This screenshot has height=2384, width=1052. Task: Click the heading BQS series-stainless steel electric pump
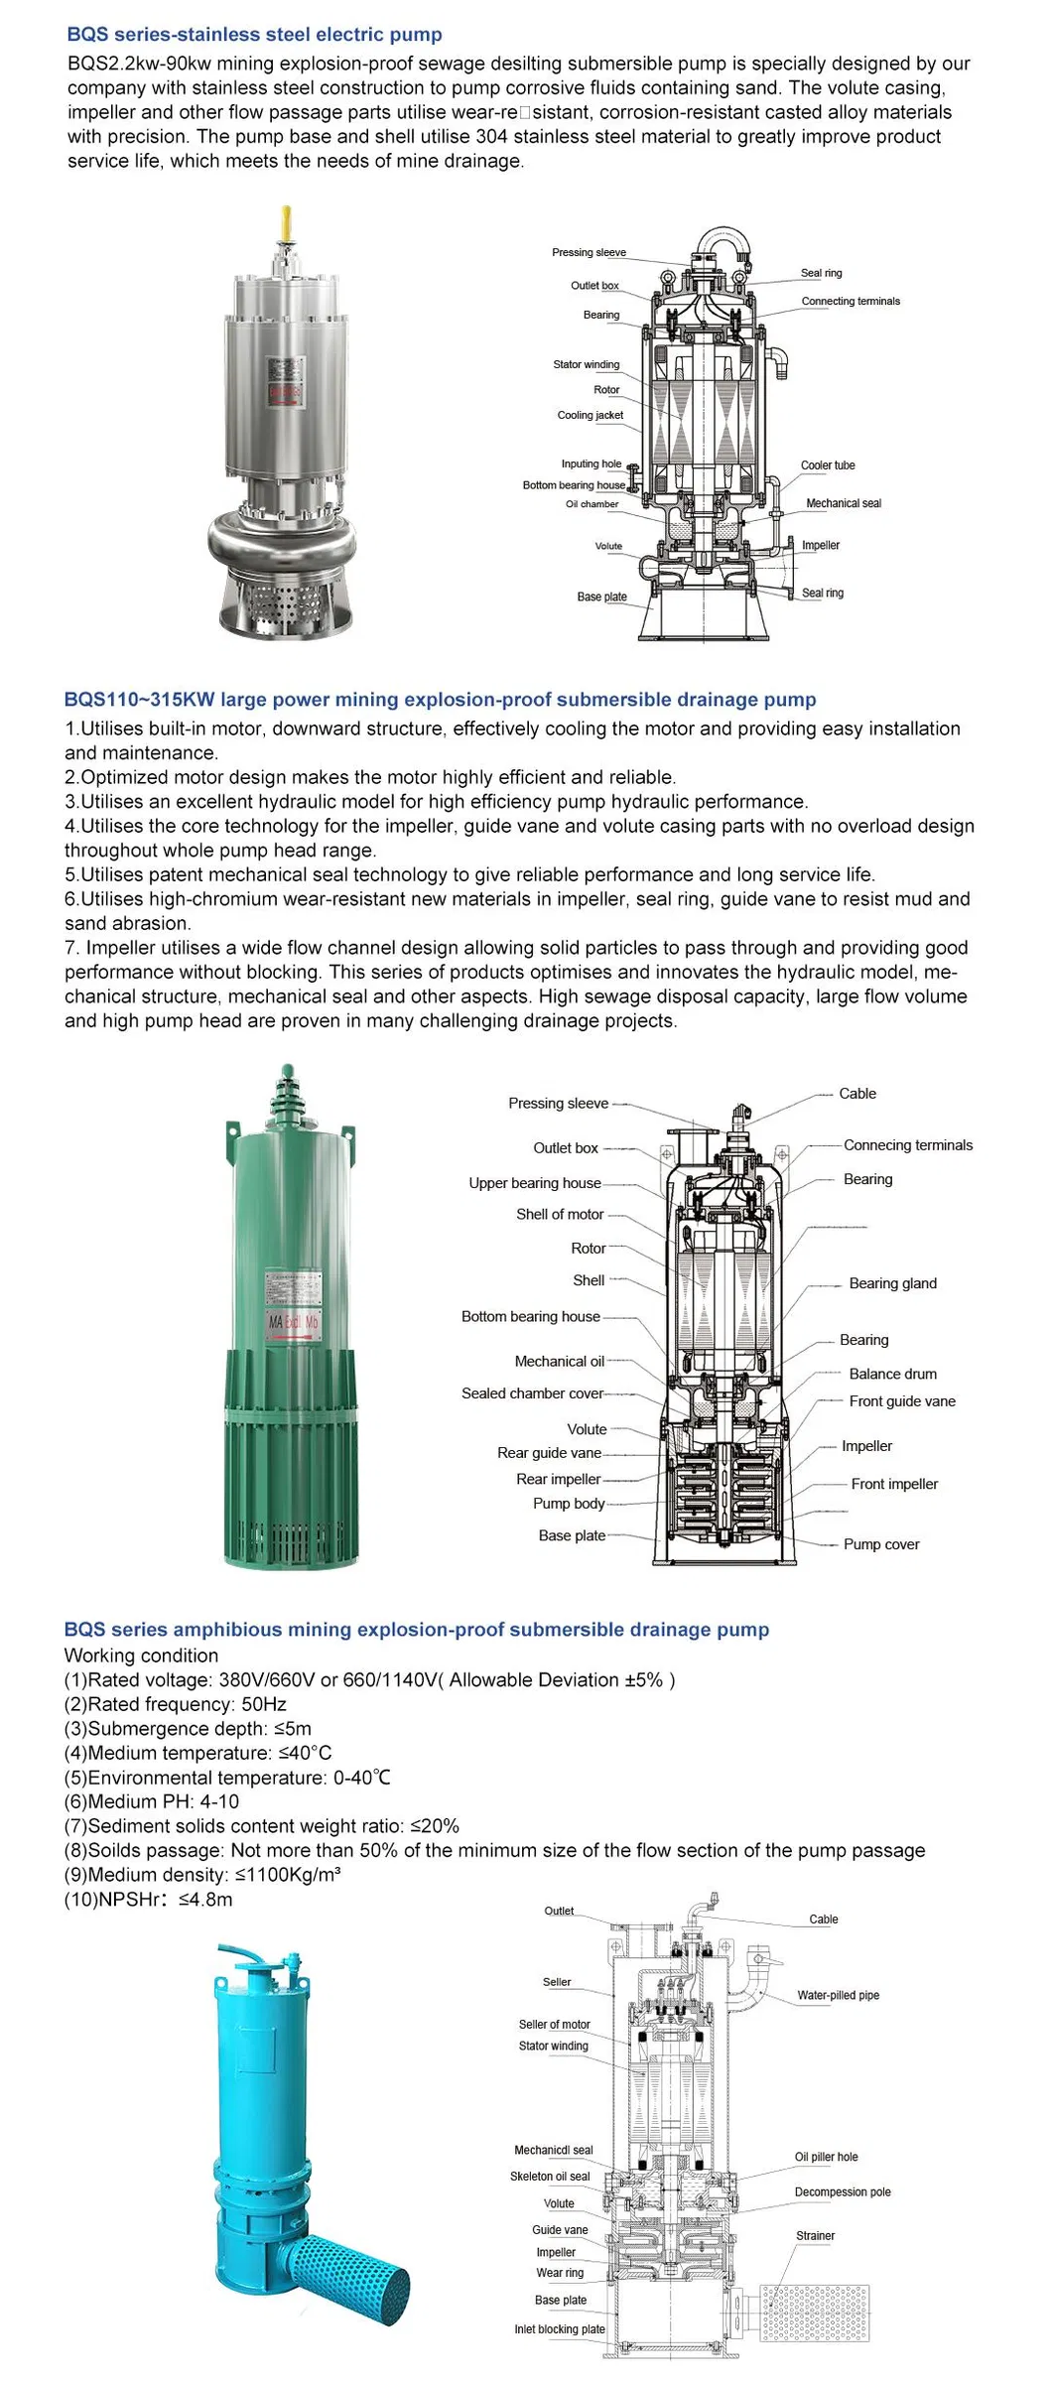click(254, 35)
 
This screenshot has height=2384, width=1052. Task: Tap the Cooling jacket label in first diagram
click(590, 416)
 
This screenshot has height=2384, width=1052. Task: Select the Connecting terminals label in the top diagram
click(851, 302)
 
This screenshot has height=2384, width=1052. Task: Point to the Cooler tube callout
click(827, 465)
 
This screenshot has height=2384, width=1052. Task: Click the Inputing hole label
click(591, 464)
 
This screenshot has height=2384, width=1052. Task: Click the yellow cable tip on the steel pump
click(286, 224)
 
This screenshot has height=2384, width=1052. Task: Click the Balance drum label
click(892, 1374)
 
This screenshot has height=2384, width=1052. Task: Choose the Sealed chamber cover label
click(532, 1393)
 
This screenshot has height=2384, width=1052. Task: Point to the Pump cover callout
click(880, 1544)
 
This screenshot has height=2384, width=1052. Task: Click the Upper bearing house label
click(534, 1183)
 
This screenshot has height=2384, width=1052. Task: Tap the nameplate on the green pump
click(293, 1305)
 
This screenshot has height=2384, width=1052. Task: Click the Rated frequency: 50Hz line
click(176, 1704)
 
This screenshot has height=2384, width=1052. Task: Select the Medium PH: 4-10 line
click(152, 1801)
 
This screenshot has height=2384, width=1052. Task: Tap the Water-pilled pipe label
click(838, 1995)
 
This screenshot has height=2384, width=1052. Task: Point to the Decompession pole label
click(842, 2191)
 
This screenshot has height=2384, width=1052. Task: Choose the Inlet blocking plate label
click(559, 2328)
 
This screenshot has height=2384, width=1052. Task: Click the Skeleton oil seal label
click(549, 2176)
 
